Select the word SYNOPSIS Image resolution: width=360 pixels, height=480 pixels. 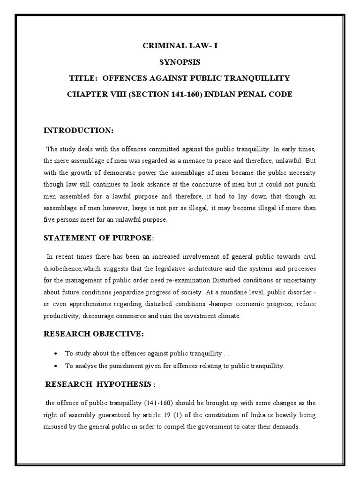point(180,62)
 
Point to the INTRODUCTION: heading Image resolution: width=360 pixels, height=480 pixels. point(78,129)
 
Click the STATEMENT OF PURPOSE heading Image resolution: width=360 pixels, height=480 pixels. point(98,238)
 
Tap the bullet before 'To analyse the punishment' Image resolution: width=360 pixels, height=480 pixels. point(56,366)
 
